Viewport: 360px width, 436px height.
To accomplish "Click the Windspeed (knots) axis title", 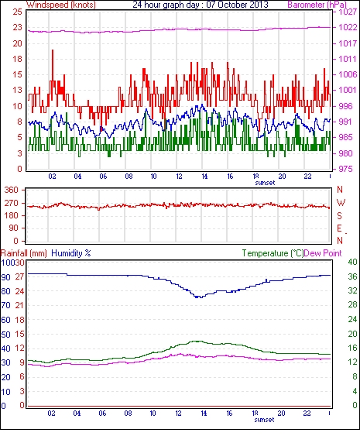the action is point(61,5).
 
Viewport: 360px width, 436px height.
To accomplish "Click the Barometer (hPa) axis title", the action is point(317,5).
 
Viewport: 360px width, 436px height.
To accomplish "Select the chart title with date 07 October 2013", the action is point(201,5).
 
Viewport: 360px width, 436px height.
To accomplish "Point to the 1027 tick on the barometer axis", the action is point(348,12).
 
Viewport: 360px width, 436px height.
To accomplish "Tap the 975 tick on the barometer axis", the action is point(345,169).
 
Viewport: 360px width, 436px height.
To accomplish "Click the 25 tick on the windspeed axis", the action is point(17,12).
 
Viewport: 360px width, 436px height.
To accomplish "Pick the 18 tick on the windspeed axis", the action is point(17,59).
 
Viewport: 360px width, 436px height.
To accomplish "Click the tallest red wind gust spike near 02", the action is point(53,51).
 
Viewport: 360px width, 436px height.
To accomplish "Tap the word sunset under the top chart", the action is point(265,183).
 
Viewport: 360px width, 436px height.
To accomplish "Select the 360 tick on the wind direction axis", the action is point(12,191).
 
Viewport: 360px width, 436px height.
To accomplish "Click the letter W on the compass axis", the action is point(341,203).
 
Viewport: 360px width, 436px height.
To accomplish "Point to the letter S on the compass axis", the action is point(339,215).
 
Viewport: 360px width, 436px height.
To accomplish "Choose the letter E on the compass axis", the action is point(339,228).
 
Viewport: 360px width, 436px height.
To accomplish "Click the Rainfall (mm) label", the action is point(24,253).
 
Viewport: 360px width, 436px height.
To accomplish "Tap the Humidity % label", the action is point(71,253).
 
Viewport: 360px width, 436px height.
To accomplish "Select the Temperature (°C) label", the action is point(273,253).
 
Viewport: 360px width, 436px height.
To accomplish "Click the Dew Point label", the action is point(323,253).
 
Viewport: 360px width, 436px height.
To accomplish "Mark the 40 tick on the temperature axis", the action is point(352,262).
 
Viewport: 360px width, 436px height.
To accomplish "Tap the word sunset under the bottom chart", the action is point(264,420).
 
